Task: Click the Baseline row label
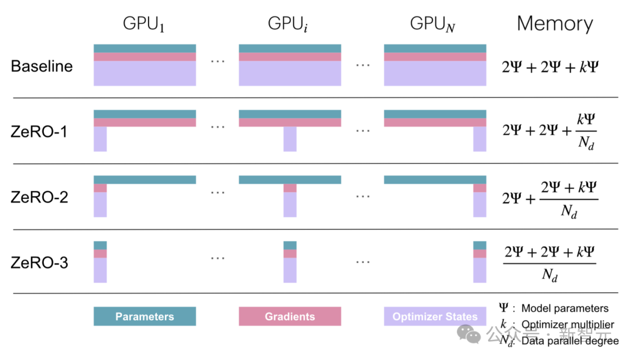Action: [42, 66]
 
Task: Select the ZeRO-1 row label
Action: [39, 131]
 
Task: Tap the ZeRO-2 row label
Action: [39, 197]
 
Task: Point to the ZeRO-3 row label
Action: [39, 262]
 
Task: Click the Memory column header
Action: [555, 24]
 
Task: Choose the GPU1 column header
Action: [143, 25]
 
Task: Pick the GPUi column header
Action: [289, 25]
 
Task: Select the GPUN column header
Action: [433, 25]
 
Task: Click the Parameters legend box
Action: [145, 317]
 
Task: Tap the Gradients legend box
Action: [290, 317]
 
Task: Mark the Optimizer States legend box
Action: [435, 317]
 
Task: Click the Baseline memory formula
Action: [550, 67]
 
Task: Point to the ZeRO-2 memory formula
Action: [550, 198]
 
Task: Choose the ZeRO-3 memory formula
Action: [549, 263]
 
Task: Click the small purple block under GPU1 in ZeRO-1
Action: [100, 139]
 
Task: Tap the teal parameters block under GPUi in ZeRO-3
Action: [290, 245]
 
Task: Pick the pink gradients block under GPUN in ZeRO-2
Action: [480, 188]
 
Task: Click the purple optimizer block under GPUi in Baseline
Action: [290, 74]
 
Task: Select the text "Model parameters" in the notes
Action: [565, 308]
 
